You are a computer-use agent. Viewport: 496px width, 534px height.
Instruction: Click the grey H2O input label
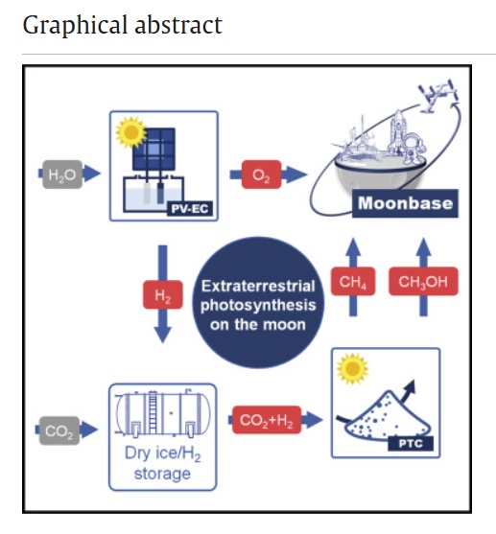tap(62, 174)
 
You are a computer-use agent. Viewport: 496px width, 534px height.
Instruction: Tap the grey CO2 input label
tap(59, 430)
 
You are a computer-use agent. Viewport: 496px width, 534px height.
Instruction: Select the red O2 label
tap(262, 174)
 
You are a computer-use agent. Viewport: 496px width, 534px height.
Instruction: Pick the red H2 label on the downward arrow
tap(162, 294)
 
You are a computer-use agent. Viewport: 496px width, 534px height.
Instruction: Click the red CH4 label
tap(353, 281)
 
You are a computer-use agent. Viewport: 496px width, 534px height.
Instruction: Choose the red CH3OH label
tap(423, 281)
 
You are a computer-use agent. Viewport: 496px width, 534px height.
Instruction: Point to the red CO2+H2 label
tap(267, 420)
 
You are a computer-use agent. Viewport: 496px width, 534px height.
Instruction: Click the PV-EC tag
tap(190, 208)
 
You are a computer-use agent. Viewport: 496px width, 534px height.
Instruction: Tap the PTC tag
tap(411, 444)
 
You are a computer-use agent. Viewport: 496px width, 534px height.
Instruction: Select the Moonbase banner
tap(405, 203)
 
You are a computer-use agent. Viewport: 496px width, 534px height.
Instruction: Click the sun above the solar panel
tap(130, 132)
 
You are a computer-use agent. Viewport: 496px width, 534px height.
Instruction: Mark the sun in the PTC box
tap(352, 369)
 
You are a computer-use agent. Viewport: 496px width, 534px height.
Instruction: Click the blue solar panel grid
tap(154, 150)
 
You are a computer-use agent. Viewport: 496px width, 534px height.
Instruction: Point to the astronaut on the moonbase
tap(413, 149)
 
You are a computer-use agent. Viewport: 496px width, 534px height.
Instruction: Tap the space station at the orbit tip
tap(438, 95)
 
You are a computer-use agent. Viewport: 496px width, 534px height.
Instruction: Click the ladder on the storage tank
tap(153, 412)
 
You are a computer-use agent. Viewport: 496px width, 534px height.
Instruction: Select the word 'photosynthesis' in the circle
tap(258, 305)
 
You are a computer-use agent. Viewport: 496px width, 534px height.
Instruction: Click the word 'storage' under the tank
tap(162, 474)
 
